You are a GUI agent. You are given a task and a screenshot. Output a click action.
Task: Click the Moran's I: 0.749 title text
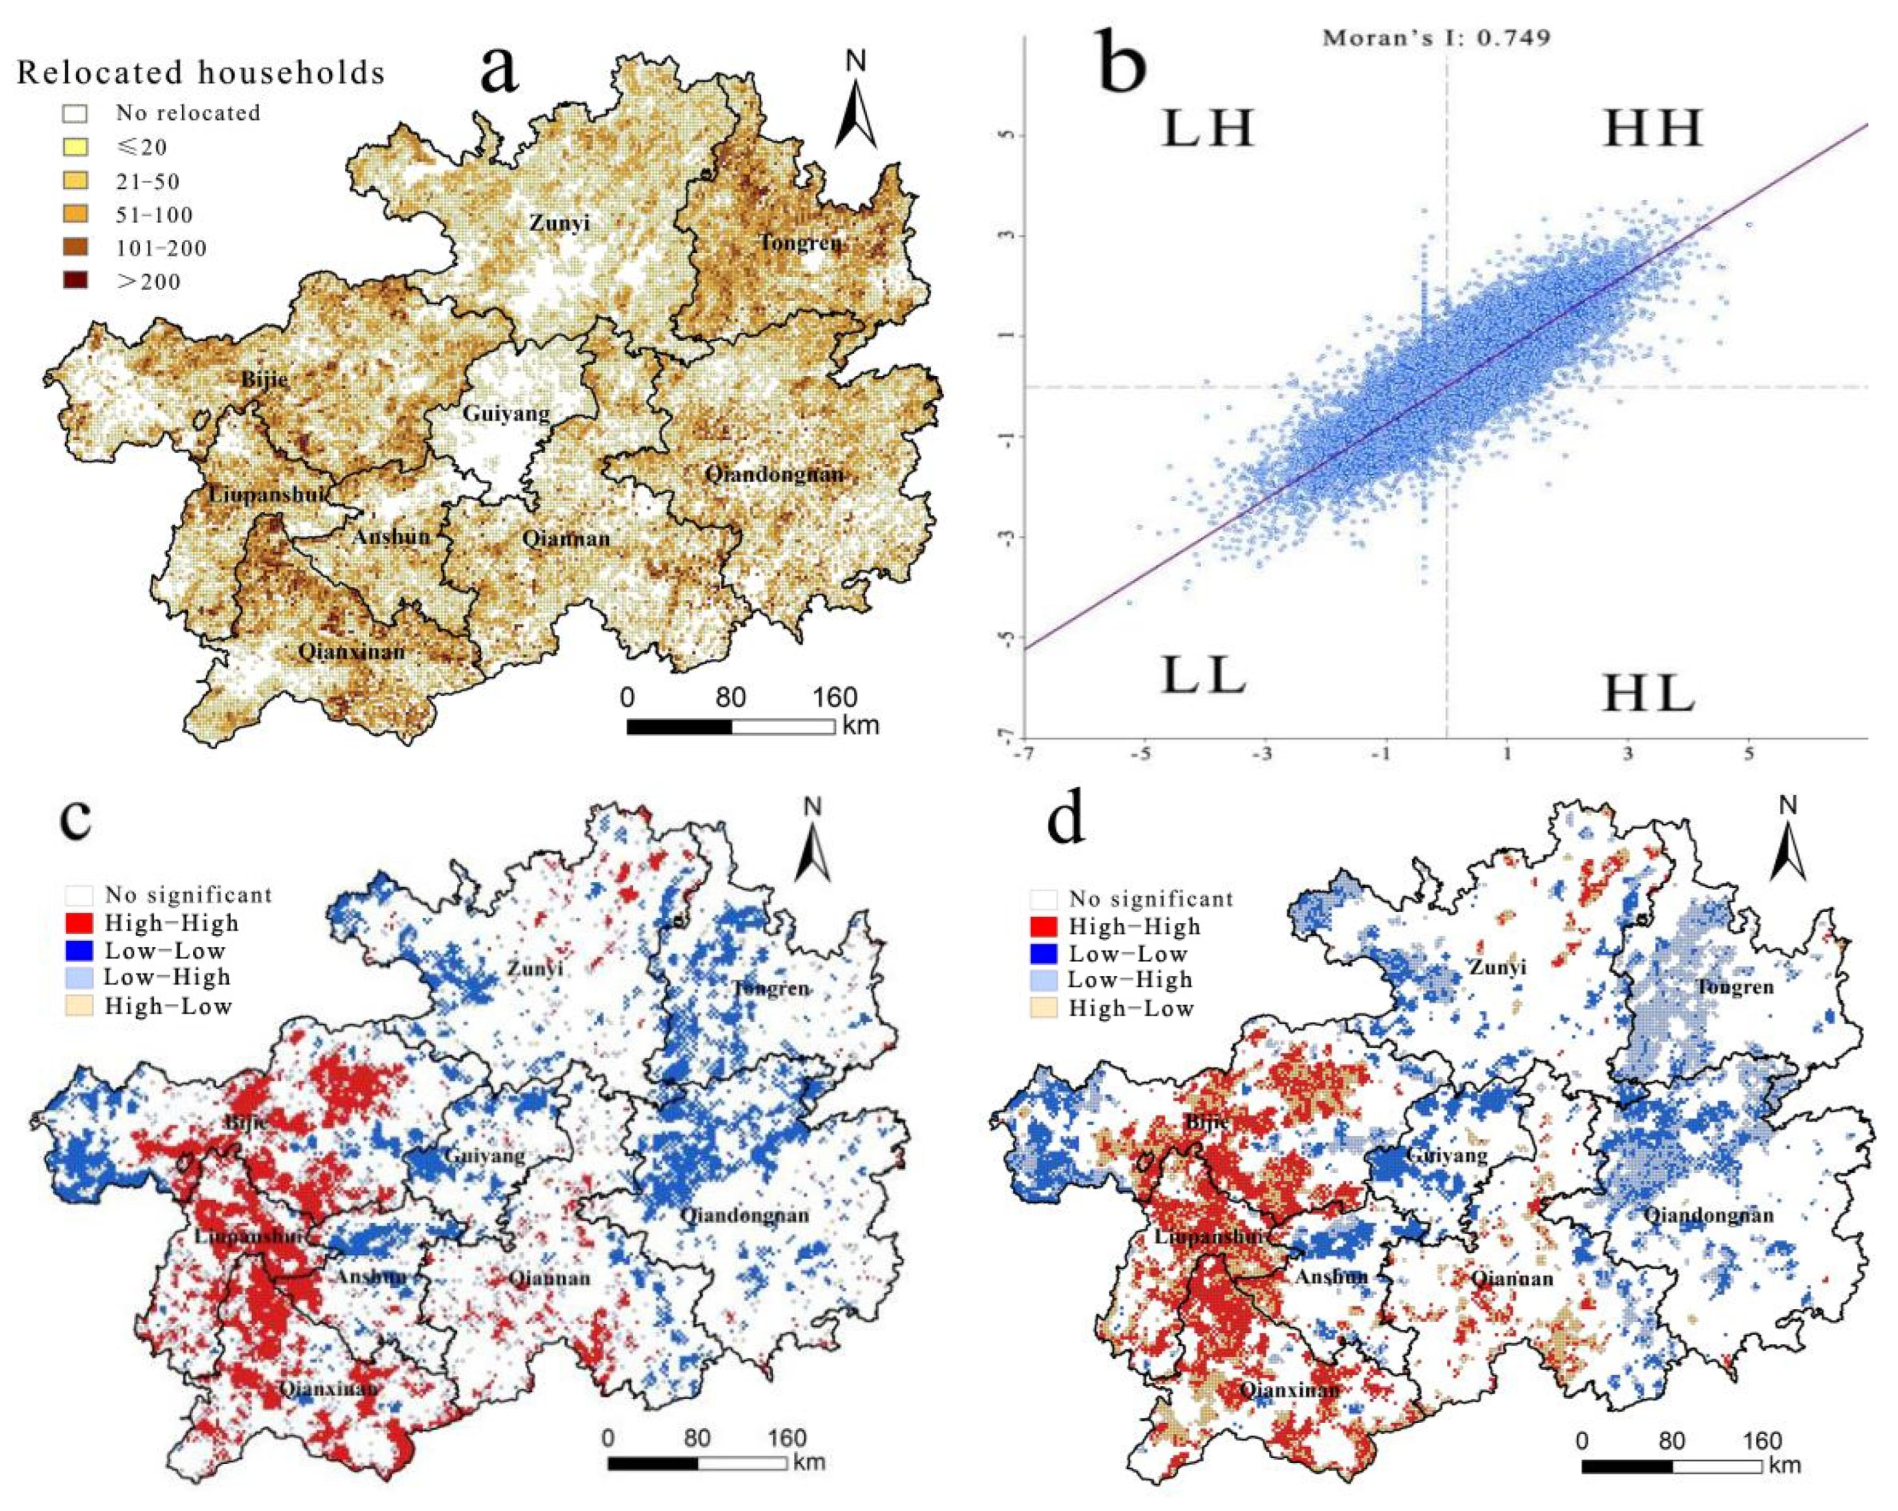[1437, 38]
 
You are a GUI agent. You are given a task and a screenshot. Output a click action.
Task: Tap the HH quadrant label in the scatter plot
[1652, 130]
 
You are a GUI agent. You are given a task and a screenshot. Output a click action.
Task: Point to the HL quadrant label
[1648, 695]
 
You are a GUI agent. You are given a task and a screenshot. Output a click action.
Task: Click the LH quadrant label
[1207, 130]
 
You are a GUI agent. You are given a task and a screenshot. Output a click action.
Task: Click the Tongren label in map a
[800, 242]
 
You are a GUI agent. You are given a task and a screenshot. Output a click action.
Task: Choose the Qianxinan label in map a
[351, 653]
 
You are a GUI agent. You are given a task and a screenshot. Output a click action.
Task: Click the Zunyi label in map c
[534, 969]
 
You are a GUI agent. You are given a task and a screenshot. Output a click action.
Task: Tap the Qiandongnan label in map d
[1708, 1216]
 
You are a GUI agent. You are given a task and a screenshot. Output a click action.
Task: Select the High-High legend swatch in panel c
[80, 923]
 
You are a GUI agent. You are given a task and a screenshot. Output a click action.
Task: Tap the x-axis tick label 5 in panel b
[1748, 754]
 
